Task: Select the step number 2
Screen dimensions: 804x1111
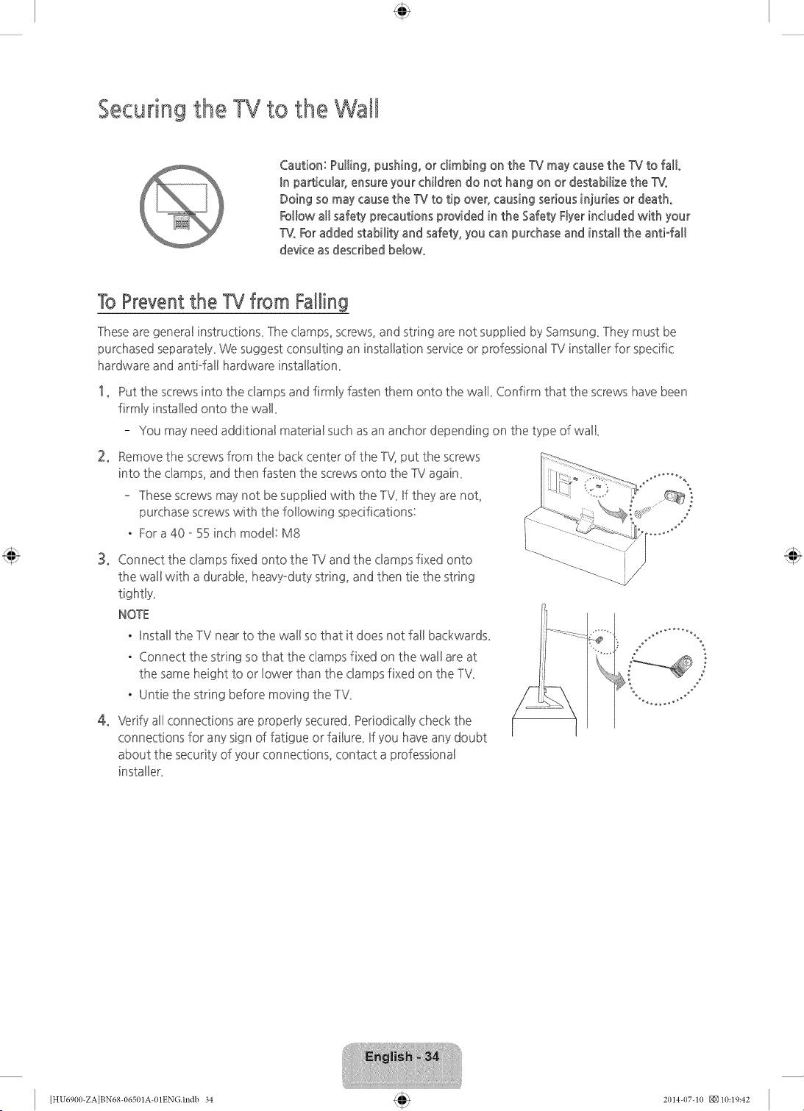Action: (x=103, y=457)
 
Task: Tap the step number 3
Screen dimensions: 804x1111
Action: (x=103, y=560)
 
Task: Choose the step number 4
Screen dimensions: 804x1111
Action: (x=103, y=720)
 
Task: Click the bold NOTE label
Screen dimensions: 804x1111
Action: (x=133, y=615)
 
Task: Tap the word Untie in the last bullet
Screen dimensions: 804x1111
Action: (x=153, y=694)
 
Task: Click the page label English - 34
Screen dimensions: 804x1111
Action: (x=402, y=1057)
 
